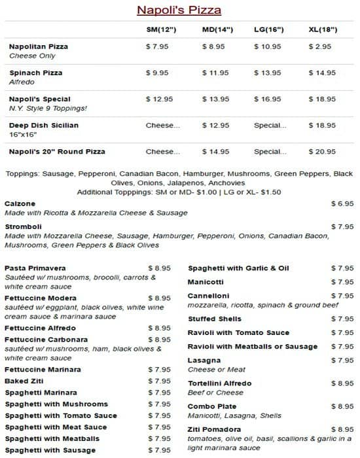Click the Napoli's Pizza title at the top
[x=179, y=10]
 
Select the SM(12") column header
[x=161, y=30]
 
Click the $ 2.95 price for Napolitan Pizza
[x=320, y=47]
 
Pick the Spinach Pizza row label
[x=36, y=73]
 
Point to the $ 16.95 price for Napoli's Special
[x=268, y=99]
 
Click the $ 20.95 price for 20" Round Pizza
[x=322, y=152]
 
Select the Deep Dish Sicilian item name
[x=45, y=125]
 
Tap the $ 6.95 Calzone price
[x=342, y=203]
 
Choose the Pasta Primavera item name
[x=35, y=268]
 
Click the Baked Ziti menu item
[x=25, y=381]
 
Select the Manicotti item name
[x=206, y=282]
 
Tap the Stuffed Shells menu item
[x=215, y=319]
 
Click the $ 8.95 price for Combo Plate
[x=342, y=406]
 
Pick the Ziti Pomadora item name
[x=214, y=429]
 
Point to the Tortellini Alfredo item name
[x=220, y=383]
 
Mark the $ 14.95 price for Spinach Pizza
[x=322, y=73]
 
